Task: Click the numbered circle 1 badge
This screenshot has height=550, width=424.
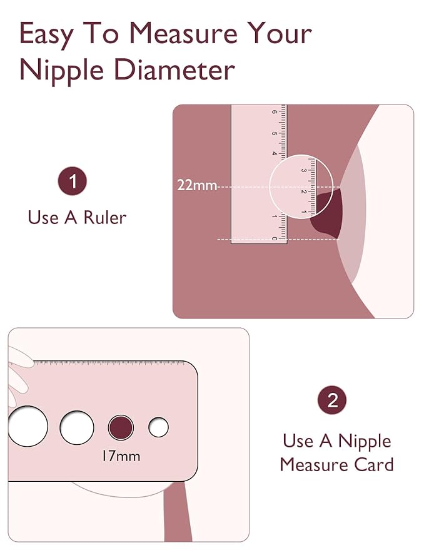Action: (x=73, y=182)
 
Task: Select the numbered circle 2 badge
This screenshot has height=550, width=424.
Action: (x=332, y=400)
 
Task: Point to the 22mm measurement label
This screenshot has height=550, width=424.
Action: (x=198, y=185)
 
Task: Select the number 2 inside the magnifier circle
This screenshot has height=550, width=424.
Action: (x=304, y=191)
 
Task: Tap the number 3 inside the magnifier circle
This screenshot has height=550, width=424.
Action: (x=304, y=170)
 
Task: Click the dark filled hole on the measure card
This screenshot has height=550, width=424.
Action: (x=121, y=428)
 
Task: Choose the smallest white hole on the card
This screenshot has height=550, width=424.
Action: (x=158, y=428)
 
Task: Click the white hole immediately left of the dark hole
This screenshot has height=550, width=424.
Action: (x=77, y=428)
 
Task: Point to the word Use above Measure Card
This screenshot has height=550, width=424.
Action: (x=298, y=441)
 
